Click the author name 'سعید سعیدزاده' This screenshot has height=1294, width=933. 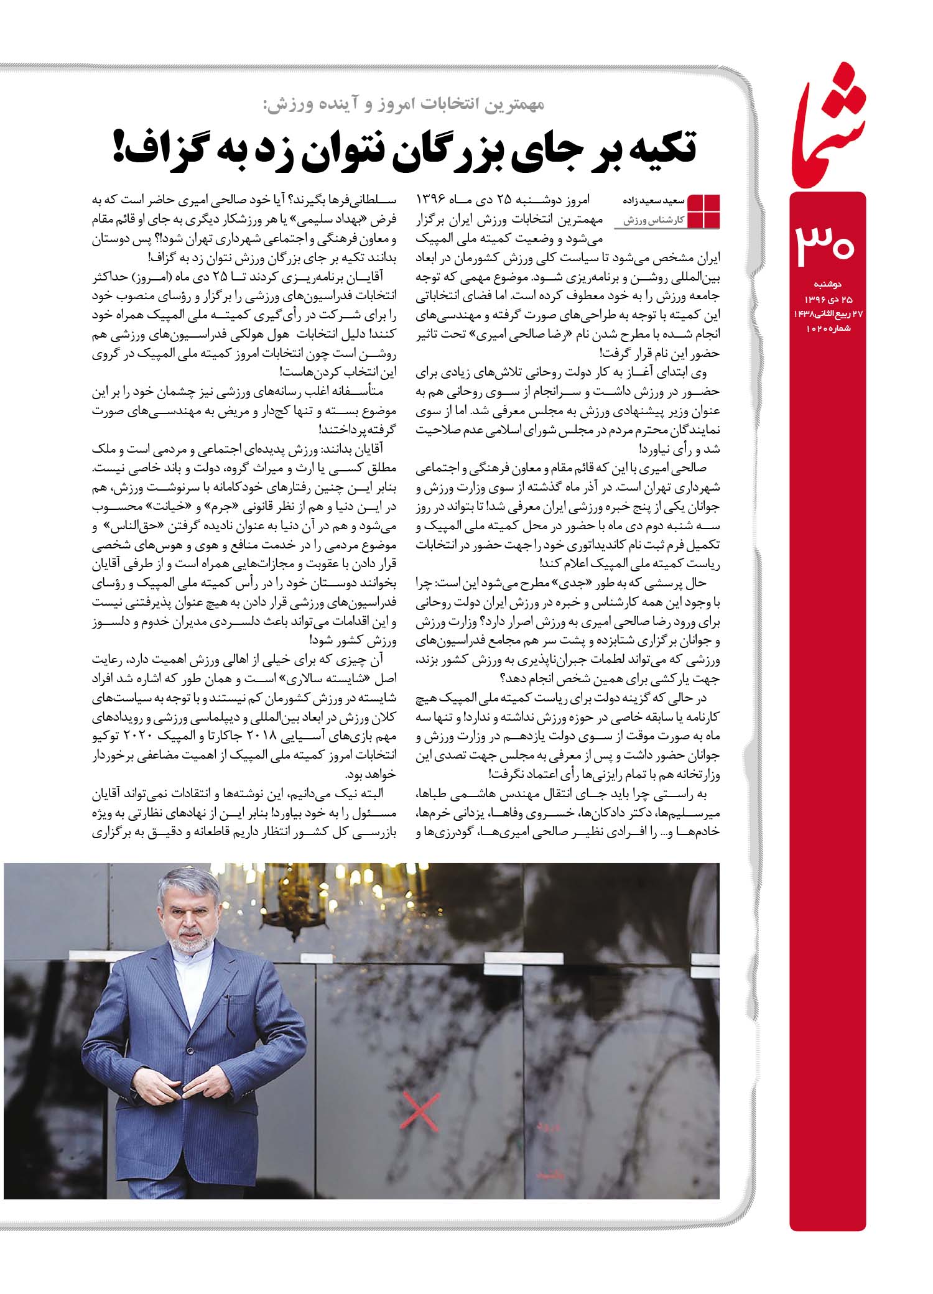653,201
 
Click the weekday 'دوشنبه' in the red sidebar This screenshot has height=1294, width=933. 828,284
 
